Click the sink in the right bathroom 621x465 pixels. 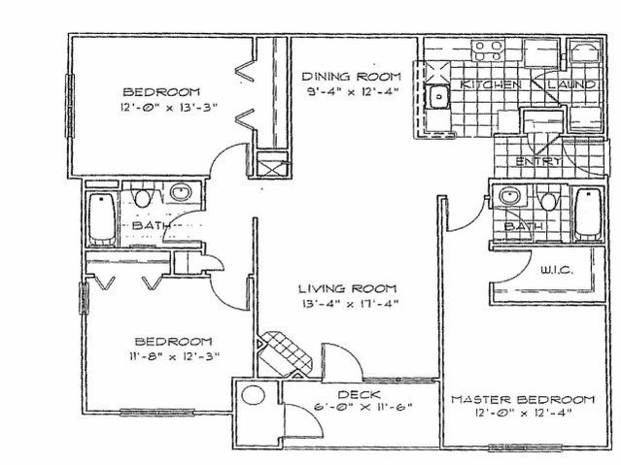click(x=510, y=198)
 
